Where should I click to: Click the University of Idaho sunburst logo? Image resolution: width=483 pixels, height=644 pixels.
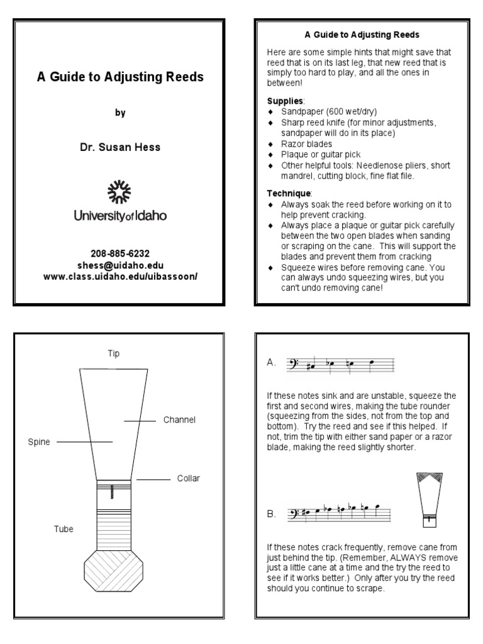point(119,192)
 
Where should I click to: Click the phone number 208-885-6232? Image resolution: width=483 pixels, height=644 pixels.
point(119,254)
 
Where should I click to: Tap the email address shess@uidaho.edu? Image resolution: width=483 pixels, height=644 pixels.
point(119,265)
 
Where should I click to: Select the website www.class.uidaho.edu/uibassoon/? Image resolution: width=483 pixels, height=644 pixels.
point(119,275)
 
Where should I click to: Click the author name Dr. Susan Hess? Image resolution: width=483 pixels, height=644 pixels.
point(119,147)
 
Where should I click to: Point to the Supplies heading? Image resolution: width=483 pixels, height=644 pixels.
point(285,101)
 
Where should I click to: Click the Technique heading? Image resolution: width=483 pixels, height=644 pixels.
point(288,194)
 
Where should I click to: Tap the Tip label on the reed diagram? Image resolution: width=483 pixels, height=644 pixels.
point(113,353)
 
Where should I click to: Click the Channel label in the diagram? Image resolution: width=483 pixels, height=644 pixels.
point(180,419)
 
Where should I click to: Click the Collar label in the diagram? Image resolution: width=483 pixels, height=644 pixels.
point(188,479)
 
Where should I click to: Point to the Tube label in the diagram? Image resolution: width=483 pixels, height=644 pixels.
point(64,529)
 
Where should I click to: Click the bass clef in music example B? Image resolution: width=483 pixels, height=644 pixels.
point(292,514)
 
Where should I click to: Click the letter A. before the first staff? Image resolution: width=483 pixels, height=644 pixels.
point(271,363)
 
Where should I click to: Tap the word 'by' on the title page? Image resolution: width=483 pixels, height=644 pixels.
point(119,113)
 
